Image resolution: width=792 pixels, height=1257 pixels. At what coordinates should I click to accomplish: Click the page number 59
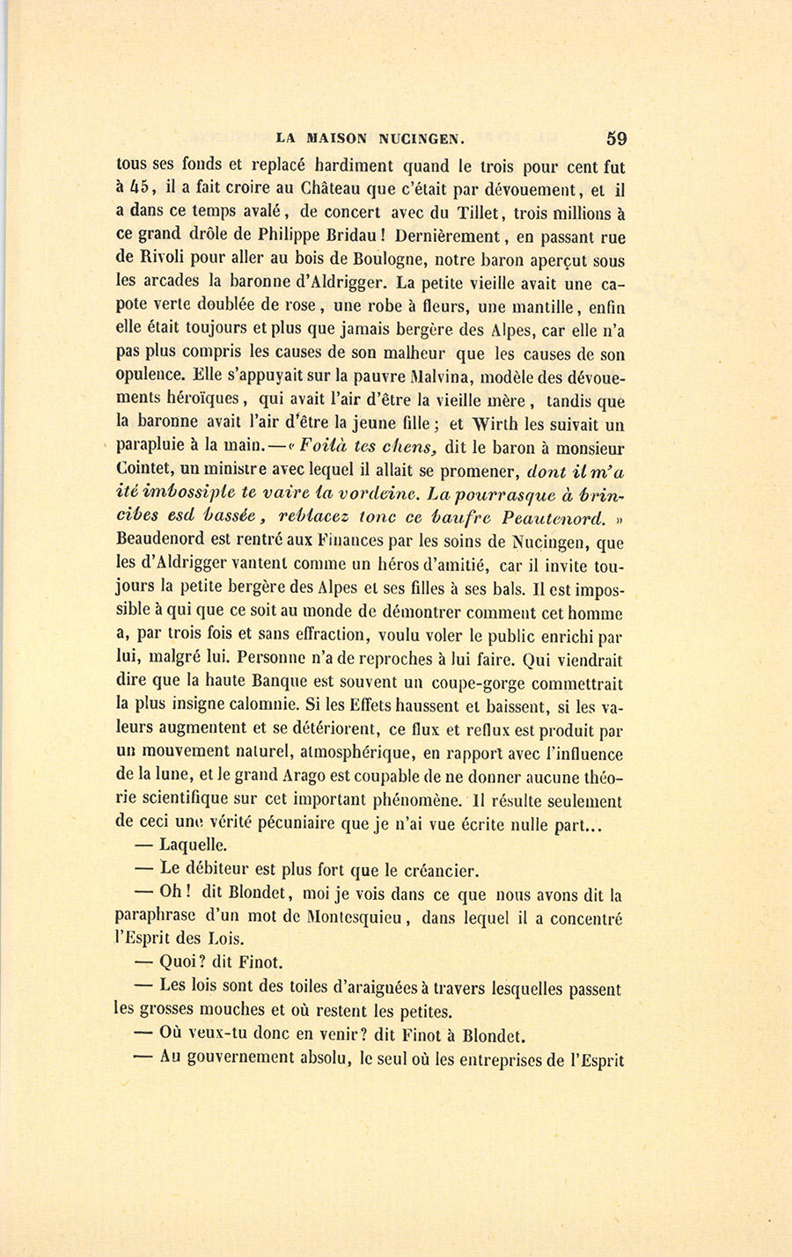tap(615, 138)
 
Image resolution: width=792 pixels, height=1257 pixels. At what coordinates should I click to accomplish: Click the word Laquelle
tap(194, 847)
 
